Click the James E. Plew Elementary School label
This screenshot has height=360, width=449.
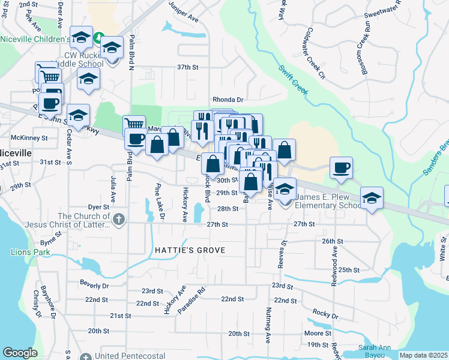[330, 201]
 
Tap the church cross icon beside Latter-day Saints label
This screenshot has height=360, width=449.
[118, 220]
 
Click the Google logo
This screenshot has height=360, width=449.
[20, 353]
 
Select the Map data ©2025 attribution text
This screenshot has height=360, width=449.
[424, 355]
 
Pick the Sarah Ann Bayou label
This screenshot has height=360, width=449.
[376, 352]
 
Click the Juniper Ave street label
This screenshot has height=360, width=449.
[184, 19]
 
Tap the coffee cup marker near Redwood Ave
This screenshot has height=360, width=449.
[341, 167]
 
